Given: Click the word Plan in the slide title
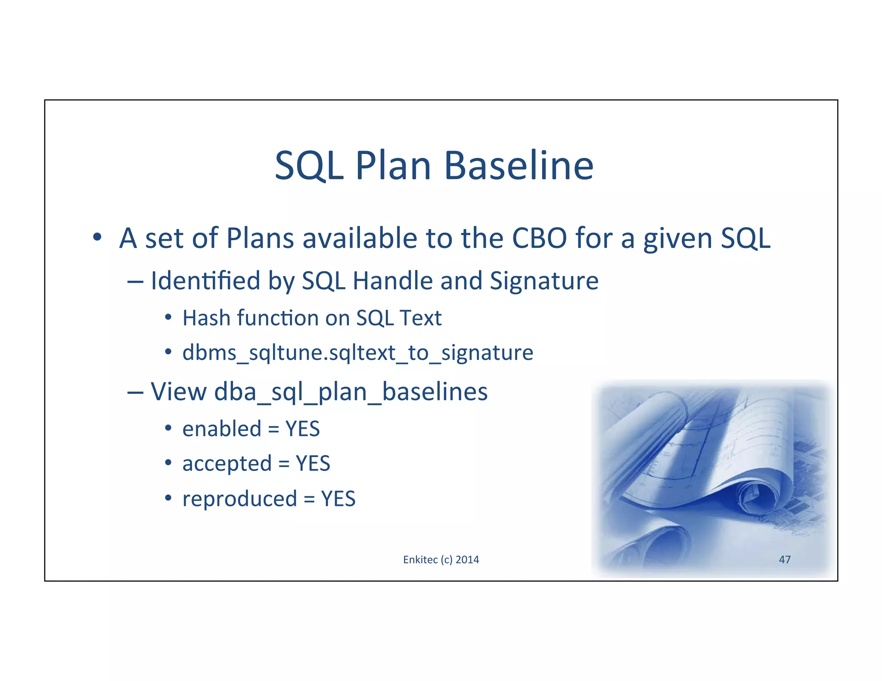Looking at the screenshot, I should coord(393,166).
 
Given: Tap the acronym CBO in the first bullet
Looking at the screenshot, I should coord(539,238).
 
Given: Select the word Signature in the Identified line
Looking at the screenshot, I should coord(544,281).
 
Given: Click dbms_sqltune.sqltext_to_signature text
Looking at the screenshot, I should coord(357,353).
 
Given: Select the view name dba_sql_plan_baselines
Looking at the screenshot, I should coord(351,392).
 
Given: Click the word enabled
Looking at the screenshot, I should coord(222,429).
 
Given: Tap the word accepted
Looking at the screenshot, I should coord(227,464).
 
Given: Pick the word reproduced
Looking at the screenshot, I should coord(239,499).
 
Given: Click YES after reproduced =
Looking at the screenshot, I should coord(338,499).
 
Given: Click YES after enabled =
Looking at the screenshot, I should coord(302,429).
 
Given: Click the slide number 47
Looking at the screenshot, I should coord(785,560).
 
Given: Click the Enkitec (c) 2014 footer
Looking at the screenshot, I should coord(441,560).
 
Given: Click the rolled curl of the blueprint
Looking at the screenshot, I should coord(758,495).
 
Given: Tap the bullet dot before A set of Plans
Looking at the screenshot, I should coord(97,237).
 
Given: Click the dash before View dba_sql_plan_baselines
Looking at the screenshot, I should coord(135,392).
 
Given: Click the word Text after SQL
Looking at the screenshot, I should coord(420,318).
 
